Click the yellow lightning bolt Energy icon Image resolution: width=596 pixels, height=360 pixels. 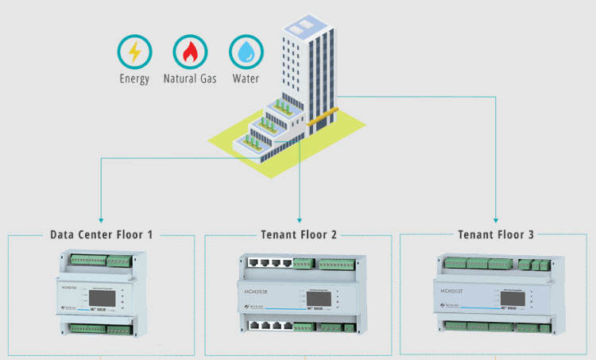134,52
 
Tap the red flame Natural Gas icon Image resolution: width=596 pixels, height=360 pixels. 190,52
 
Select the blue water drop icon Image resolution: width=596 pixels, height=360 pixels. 246,52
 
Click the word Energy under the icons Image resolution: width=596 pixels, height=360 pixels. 134,79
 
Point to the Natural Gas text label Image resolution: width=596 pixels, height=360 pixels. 190,79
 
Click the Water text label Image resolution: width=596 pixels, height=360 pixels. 246,79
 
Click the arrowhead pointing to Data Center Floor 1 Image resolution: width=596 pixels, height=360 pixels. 101,218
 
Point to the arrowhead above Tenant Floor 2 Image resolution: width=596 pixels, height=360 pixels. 299,218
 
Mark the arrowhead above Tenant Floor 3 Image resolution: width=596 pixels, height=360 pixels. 496,218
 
